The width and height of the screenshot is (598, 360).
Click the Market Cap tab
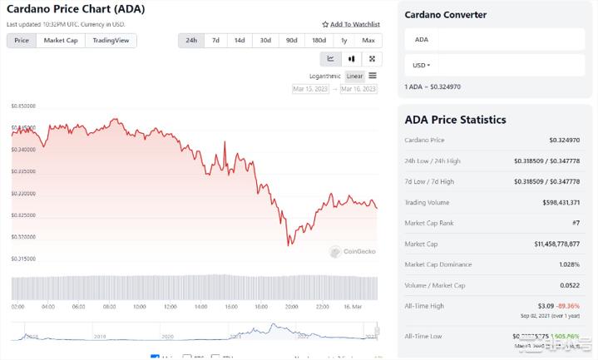point(61,40)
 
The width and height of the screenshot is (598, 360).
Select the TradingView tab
point(111,40)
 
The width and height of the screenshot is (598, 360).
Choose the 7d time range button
point(215,40)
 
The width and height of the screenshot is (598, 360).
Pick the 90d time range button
point(291,40)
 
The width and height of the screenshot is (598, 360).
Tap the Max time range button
point(368,40)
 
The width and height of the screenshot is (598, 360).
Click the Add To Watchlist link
point(351,24)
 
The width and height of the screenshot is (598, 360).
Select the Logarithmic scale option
point(324,76)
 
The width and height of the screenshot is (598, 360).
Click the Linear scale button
point(354,76)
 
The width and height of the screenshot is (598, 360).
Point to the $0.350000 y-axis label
point(23,106)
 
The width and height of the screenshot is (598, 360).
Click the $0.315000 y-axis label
point(23,259)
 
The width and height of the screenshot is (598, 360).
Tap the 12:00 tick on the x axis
point(170,306)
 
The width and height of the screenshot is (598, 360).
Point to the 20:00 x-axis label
point(292,306)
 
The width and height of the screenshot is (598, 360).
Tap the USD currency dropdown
point(421,64)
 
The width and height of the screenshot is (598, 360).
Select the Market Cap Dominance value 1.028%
point(567,264)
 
